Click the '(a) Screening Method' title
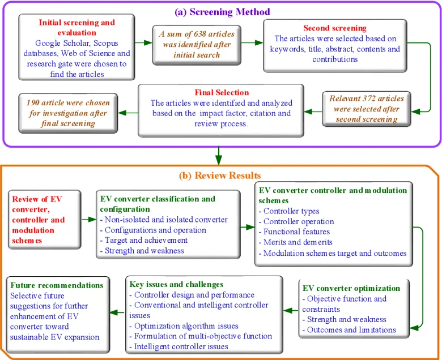coord(222,12)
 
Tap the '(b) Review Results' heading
coord(220,175)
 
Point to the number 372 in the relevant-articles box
coord(369,98)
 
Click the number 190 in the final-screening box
coord(32,103)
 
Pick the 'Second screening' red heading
coord(335,28)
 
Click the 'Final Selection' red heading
coord(222,92)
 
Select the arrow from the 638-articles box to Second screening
coord(252,43)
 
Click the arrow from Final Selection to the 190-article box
coord(128,113)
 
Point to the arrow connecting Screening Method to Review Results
coord(219,156)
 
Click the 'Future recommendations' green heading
coord(57,285)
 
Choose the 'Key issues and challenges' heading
coord(176,284)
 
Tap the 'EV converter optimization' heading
coord(351,288)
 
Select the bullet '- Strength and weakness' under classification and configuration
coord(142,251)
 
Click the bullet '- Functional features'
coord(294,232)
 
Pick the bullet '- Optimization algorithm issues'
coord(184,326)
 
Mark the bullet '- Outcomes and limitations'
coord(349,330)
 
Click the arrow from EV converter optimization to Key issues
coord(291,311)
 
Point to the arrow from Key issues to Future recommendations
coord(117,312)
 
